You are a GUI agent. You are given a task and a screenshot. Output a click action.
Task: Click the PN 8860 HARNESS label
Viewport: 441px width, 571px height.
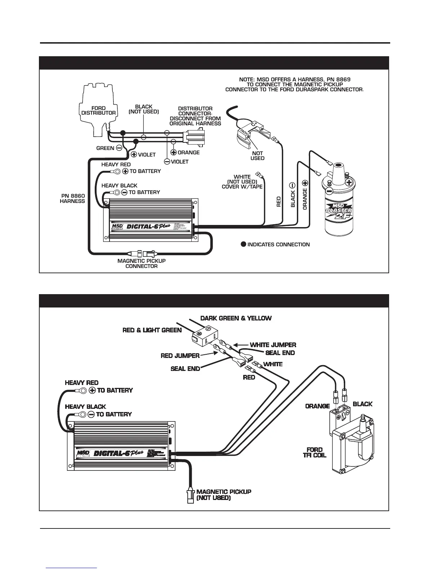point(72,198)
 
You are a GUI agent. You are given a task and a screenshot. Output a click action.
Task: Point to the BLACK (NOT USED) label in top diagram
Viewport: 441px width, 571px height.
point(144,109)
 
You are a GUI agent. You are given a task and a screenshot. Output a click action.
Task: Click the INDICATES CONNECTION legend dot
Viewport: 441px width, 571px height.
point(244,244)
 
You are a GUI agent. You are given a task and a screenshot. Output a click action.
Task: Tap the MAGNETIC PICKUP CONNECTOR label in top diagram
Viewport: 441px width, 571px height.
point(142,263)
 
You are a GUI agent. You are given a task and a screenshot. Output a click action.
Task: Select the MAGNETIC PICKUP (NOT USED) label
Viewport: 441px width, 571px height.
point(223,495)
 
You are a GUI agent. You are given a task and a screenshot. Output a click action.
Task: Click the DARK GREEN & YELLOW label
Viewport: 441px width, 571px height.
point(236,318)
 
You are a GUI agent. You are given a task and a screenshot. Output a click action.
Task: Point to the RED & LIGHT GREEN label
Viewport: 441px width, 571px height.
point(152,330)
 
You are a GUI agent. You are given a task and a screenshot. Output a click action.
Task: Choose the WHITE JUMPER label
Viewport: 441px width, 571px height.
point(273,345)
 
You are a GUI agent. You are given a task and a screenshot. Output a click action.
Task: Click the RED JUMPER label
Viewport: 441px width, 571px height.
point(180,356)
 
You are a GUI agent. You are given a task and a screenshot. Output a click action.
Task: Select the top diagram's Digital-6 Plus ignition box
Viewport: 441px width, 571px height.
point(151,220)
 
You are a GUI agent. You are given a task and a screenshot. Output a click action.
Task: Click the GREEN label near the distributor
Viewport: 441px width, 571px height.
point(105,148)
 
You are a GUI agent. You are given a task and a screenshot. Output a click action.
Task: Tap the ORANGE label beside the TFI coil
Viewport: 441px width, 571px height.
point(317,406)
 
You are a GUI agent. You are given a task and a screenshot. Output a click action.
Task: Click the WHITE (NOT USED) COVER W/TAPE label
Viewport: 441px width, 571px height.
point(242,182)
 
